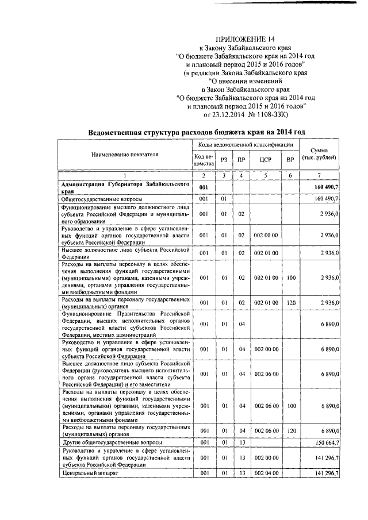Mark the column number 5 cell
pyautogui.click(x=265, y=175)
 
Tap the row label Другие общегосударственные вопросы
pyautogui.click(x=112, y=442)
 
